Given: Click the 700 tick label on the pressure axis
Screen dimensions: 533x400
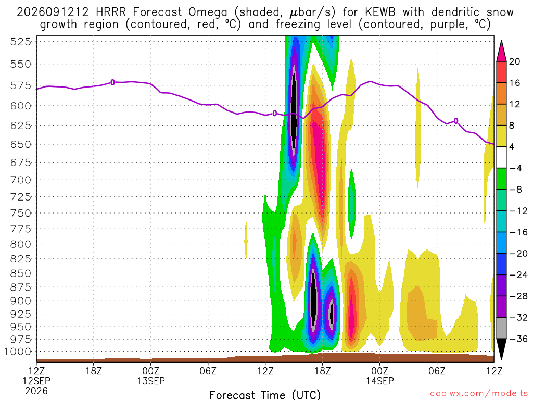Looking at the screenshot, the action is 20,180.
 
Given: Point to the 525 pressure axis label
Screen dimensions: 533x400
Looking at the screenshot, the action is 20,42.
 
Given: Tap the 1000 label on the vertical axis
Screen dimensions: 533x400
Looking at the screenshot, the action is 18,352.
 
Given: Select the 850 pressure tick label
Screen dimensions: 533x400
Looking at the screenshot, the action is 20,273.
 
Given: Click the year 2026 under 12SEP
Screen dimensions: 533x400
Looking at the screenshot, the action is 36,391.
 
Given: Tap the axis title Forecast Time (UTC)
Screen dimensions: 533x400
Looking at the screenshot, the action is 265,395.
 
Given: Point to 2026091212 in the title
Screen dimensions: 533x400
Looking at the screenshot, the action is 53,12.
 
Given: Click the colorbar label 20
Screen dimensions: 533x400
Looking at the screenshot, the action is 514,61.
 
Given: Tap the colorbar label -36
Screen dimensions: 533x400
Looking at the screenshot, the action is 518,339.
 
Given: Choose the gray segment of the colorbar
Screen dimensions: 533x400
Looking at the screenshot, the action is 501,328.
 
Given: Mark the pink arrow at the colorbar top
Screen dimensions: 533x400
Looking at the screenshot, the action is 501,51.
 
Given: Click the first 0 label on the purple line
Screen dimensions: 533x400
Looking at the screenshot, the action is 112,82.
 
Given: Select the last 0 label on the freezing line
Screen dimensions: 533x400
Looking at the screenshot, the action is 456,121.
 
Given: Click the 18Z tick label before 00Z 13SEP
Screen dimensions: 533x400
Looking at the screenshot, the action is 94,371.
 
